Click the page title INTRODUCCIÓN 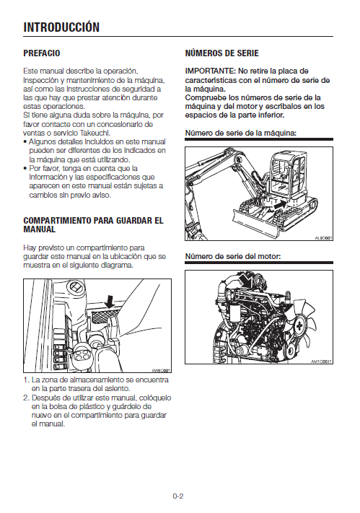[x=61, y=27]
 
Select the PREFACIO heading [x=42, y=53]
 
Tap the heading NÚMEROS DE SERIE [x=222, y=53]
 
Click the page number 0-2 [x=178, y=496]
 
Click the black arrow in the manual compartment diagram [x=110, y=302]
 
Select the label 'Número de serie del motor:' [x=233, y=256]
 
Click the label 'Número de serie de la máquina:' [x=241, y=133]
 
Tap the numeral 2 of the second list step [x=26, y=398]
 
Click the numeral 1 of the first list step [x=26, y=380]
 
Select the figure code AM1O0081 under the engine [x=321, y=361]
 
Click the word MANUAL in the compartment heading [x=39, y=229]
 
